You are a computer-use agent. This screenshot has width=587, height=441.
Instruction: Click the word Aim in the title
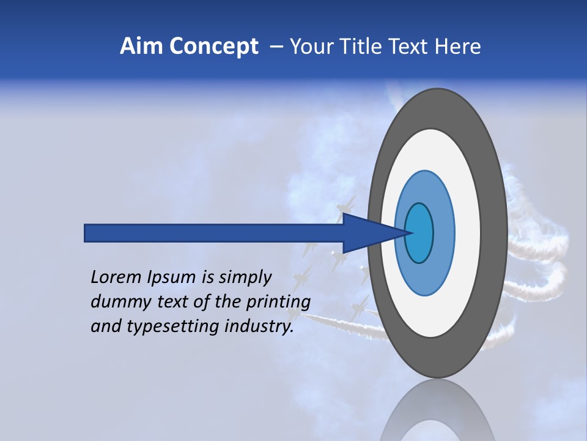click(141, 47)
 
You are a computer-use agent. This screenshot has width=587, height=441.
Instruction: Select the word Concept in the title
click(213, 47)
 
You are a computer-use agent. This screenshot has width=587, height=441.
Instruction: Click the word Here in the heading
click(457, 47)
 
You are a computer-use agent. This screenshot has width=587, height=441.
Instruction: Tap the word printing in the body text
click(278, 303)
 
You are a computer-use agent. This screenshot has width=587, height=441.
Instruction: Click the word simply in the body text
click(245, 278)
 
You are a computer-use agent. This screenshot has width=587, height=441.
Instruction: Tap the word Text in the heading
click(408, 47)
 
